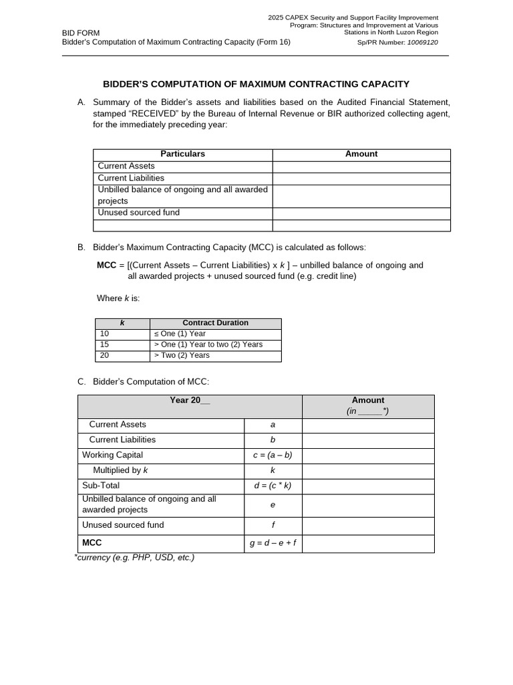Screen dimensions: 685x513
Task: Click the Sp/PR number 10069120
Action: point(423,42)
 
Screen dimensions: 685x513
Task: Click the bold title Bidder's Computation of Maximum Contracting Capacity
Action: point(256,84)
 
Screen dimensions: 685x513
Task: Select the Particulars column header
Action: point(182,154)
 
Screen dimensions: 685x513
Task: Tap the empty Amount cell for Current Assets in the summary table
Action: point(361,167)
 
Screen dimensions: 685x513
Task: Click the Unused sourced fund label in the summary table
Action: point(138,213)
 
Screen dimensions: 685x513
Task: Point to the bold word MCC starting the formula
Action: point(107,265)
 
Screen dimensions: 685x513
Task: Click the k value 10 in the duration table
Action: point(105,334)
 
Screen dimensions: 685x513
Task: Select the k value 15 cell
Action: point(105,345)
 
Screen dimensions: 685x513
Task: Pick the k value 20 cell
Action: point(105,355)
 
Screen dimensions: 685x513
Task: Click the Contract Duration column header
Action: point(215,323)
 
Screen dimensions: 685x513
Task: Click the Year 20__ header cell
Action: point(190,401)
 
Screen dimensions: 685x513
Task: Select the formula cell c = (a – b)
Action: point(273,455)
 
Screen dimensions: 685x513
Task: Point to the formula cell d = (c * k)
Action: point(273,486)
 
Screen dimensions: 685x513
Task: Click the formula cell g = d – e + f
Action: point(273,543)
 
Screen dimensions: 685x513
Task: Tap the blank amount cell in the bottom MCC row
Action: point(368,543)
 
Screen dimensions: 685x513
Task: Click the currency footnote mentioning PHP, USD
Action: point(134,557)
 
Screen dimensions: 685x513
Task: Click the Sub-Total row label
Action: point(101,486)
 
